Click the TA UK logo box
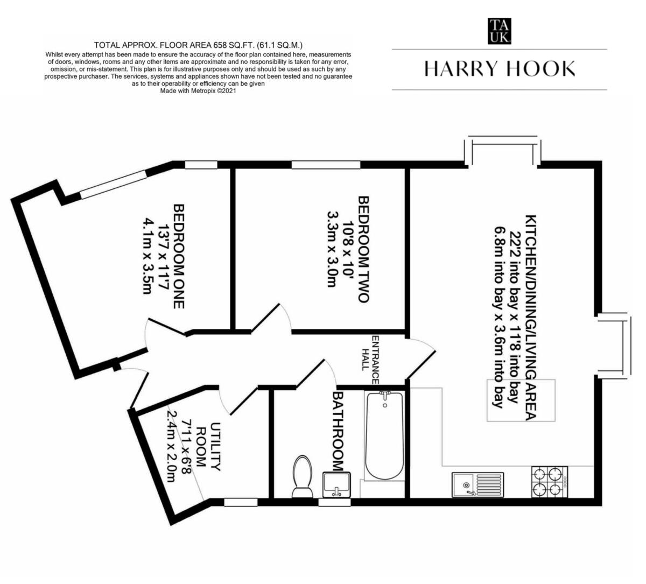(499, 31)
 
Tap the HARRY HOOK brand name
(499, 69)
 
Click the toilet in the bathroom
(302, 476)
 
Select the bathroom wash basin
(336, 484)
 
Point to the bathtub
(384, 436)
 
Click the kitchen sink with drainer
(478, 484)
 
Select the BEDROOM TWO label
(364, 249)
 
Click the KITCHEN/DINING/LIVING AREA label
(531, 318)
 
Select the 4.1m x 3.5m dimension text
(146, 256)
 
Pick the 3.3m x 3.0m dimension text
(332, 249)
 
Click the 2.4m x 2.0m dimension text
(171, 446)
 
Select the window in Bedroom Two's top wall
(325, 165)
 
